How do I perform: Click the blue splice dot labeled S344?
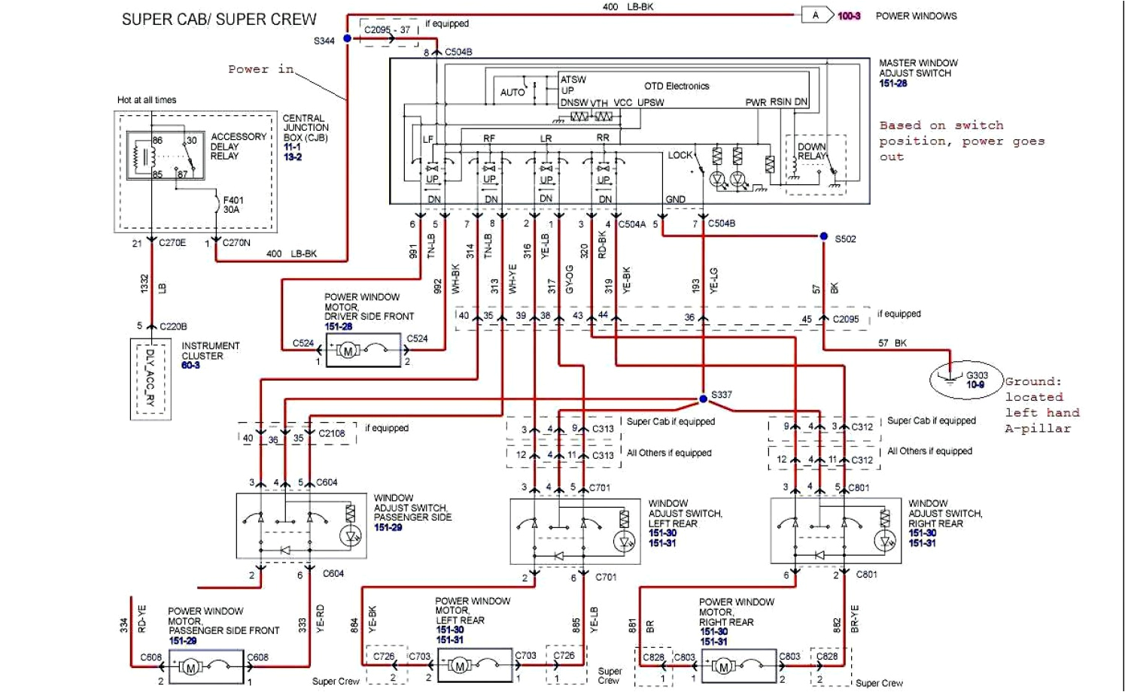[x=347, y=38]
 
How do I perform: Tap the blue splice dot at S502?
[x=824, y=237]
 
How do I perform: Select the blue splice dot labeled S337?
[x=704, y=399]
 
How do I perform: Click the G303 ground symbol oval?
[x=967, y=379]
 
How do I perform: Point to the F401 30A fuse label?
[x=233, y=205]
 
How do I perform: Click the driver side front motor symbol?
[x=348, y=351]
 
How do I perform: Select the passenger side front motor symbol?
[x=190, y=667]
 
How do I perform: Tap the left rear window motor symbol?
[x=459, y=666]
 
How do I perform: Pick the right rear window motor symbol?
[x=724, y=666]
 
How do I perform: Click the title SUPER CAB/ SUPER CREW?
[x=219, y=20]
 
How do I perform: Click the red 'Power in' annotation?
[x=261, y=69]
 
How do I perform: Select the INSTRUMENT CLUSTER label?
[x=210, y=351]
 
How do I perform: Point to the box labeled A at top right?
[x=816, y=15]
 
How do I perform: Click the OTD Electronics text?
[x=677, y=86]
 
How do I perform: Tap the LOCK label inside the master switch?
[x=680, y=155]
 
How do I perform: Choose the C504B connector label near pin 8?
[x=458, y=52]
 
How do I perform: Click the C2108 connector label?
[x=332, y=433]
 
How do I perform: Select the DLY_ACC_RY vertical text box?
[x=150, y=378]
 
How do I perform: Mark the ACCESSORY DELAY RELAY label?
[x=238, y=146]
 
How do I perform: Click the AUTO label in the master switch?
[x=512, y=93]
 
